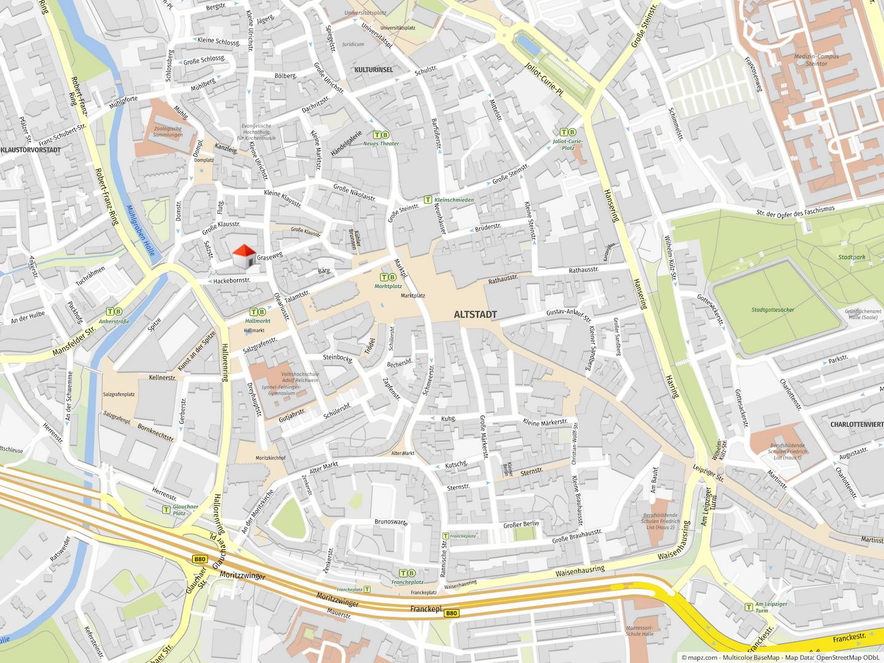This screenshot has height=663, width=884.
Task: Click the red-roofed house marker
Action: point(244,257)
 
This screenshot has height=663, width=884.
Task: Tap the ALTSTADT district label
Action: point(475,314)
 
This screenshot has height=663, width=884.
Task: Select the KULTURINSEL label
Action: point(373,70)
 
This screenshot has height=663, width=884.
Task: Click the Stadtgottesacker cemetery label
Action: point(772,309)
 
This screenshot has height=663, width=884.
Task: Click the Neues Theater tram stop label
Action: point(381,144)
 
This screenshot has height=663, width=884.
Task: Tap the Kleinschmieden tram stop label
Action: point(454,200)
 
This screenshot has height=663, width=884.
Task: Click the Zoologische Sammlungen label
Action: point(168,132)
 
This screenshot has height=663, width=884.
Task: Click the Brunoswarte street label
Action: point(391,522)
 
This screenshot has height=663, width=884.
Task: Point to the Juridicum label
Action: point(353,44)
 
